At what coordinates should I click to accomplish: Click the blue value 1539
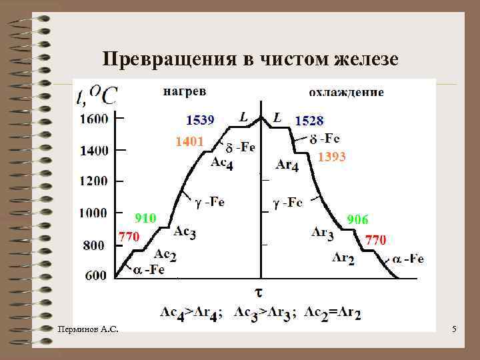coord(199,120)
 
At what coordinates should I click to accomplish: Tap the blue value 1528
coord(309,121)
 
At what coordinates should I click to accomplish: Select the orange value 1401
coord(189,141)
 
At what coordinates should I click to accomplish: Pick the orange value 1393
coord(331,157)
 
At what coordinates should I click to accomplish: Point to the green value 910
coord(145,218)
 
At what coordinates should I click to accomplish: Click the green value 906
coord(357,220)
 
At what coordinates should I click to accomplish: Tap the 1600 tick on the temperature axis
coord(94,120)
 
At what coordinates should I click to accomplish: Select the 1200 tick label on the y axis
coord(94,181)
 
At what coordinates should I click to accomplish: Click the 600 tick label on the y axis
coord(95,275)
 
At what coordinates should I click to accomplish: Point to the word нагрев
coord(185,91)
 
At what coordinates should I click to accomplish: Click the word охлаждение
coord(346,93)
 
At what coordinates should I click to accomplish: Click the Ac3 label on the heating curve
coord(184,232)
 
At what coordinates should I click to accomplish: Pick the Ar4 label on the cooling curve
coord(287,165)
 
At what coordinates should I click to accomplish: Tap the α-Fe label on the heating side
coord(149,269)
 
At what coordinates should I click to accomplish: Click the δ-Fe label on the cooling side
coord(325,139)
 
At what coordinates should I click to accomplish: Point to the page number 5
coord(453,329)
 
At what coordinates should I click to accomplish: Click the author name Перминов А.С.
coord(88,329)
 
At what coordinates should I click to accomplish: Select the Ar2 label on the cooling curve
coord(343,257)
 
